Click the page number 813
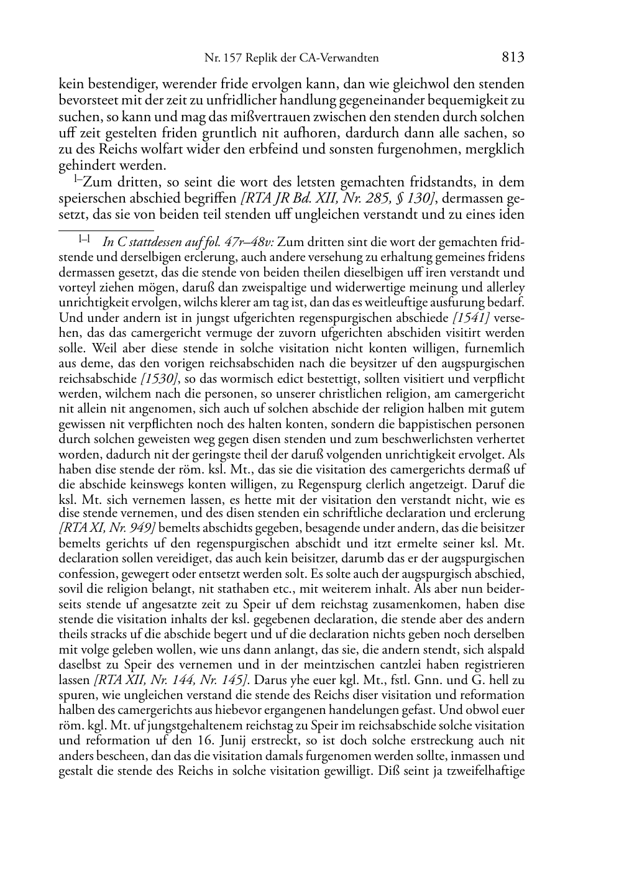513,58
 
